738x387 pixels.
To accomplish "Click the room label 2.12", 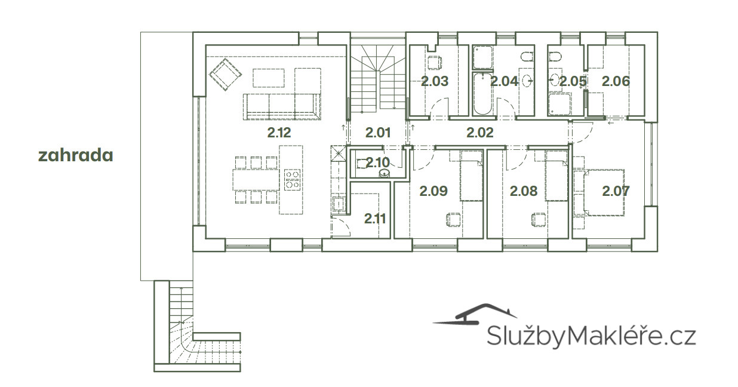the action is [x=279, y=133].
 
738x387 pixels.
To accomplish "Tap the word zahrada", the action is [x=76, y=155].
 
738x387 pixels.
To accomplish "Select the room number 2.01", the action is [x=378, y=133].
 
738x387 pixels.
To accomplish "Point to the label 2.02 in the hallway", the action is [x=480, y=133].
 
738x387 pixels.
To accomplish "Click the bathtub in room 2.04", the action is [x=482, y=94].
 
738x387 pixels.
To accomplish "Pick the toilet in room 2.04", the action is [x=527, y=57].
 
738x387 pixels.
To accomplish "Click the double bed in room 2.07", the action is [x=603, y=193].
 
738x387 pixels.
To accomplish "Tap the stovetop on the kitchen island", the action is [x=292, y=180].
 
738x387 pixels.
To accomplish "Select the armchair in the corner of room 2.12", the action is [x=225, y=74].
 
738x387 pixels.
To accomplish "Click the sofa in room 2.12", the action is [x=282, y=106].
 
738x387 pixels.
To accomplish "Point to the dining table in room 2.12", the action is [x=256, y=180].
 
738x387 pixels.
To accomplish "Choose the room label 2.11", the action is [x=375, y=219].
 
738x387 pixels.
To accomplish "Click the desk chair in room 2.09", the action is [x=454, y=220].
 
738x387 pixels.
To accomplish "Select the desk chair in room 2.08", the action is [x=539, y=220].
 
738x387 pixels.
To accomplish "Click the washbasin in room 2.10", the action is [x=384, y=173].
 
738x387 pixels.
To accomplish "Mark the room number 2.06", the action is [x=616, y=81].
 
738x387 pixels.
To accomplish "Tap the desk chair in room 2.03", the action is [x=435, y=63].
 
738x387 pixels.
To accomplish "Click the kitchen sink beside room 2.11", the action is [x=339, y=204].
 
